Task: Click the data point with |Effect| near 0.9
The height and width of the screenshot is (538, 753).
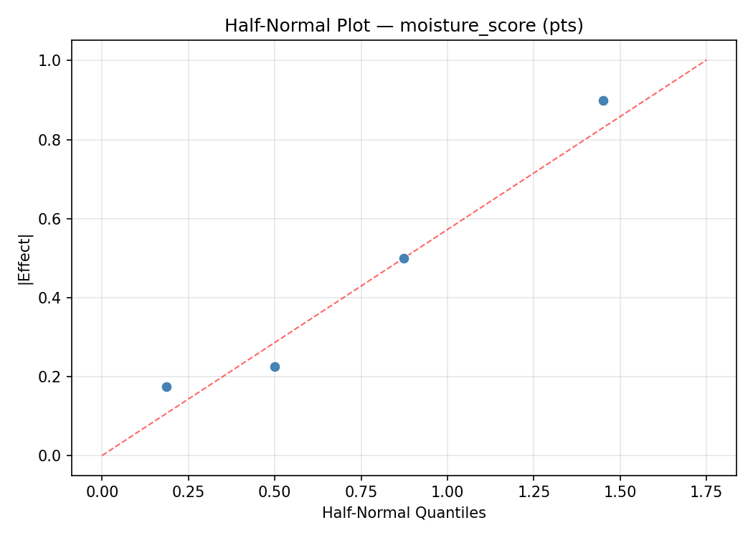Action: click(x=603, y=100)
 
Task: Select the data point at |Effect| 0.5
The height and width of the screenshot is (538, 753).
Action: click(x=404, y=258)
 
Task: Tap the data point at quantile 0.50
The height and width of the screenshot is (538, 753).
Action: click(x=275, y=367)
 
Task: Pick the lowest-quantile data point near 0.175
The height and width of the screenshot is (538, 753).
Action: click(x=166, y=387)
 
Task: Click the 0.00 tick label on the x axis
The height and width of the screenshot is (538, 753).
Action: click(x=102, y=491)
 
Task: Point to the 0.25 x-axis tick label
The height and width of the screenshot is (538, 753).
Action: click(x=188, y=491)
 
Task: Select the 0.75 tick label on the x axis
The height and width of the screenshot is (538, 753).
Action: click(x=361, y=491)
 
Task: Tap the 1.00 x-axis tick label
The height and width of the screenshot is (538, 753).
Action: click(x=447, y=491)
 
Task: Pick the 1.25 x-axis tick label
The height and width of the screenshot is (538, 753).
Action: click(x=534, y=491)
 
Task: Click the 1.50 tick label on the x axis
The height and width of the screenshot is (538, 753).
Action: click(x=620, y=491)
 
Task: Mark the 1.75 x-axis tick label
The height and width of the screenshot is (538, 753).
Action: click(x=706, y=491)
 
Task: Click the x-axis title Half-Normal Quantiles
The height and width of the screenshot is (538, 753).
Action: click(x=404, y=513)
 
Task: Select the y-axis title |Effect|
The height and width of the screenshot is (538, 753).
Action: click(x=26, y=258)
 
